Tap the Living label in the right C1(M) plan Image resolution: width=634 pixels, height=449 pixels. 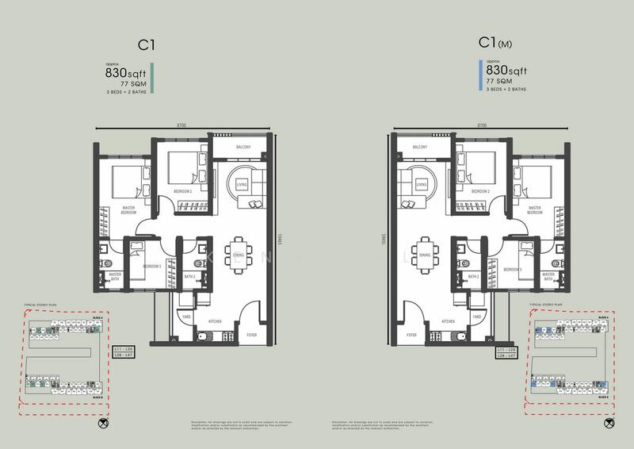point(422,185)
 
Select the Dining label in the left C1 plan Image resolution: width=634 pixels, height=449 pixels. point(239,255)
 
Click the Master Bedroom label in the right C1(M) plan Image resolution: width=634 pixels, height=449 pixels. point(535,211)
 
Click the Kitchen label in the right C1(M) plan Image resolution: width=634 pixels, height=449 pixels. point(449,321)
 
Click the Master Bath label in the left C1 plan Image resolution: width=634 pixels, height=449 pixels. point(116,277)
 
